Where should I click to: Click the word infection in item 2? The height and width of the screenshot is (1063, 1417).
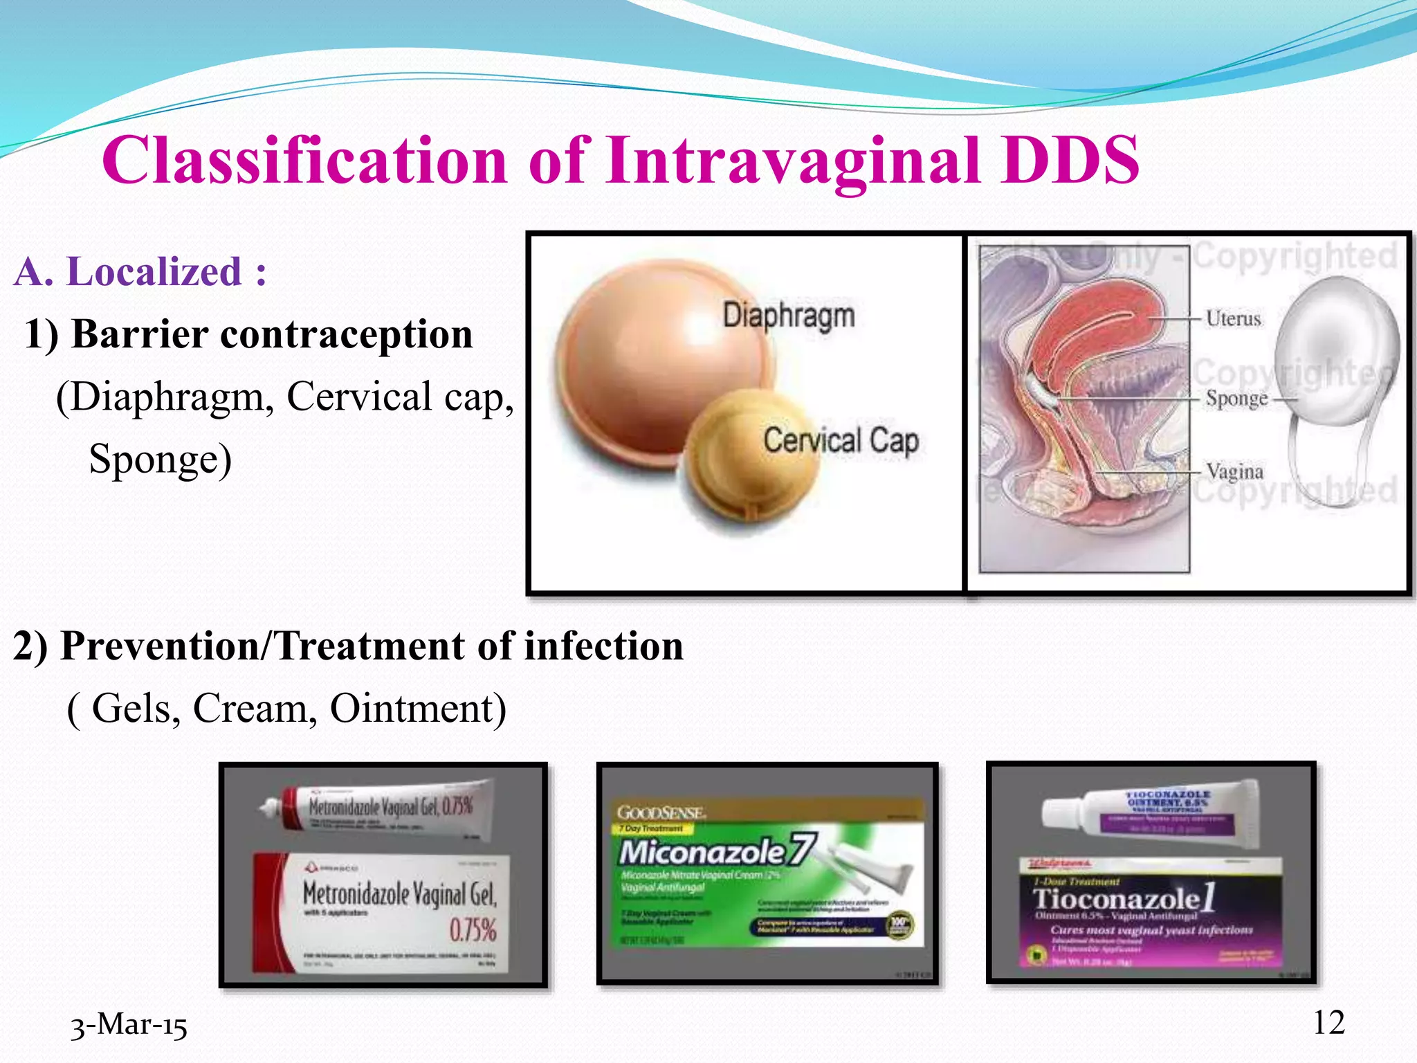(x=603, y=646)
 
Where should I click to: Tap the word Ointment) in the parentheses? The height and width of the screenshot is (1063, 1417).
(x=418, y=709)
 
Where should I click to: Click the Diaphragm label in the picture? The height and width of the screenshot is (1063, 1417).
(x=789, y=316)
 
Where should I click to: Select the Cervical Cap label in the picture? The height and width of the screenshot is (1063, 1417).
(x=841, y=441)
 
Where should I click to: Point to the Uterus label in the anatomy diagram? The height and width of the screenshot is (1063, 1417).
(x=1233, y=318)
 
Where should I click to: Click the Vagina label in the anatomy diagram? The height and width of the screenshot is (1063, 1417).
(x=1234, y=472)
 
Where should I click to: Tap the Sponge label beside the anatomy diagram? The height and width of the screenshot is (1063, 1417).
(x=1236, y=399)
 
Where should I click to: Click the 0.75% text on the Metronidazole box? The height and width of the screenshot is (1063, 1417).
(x=473, y=930)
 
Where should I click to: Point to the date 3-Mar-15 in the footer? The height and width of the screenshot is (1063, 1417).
(x=129, y=1025)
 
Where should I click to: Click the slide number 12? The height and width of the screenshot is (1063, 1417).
(x=1328, y=1023)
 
